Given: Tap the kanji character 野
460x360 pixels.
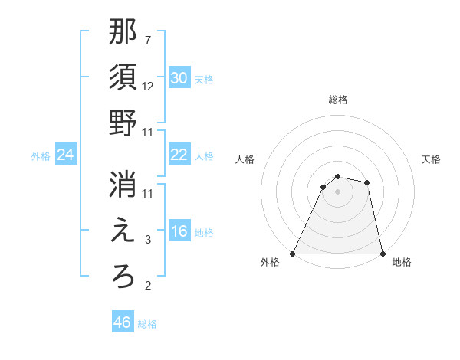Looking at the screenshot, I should coord(123,123).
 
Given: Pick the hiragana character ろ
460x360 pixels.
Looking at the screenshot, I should coord(123,277).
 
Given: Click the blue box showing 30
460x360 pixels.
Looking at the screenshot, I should coord(179,78).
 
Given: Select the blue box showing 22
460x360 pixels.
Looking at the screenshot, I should coord(179,155).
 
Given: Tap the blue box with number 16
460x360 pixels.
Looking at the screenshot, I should coord(179,231).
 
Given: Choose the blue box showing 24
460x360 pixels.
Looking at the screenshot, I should coord(65,155).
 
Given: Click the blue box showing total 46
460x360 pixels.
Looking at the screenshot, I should coord(123,322).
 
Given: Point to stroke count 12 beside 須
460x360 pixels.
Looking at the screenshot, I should coord(149,87).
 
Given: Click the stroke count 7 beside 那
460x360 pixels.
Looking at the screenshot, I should coord(148,39).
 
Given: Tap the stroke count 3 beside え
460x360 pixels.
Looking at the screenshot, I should coord(148,240).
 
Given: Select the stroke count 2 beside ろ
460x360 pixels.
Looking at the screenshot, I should coord(148,286).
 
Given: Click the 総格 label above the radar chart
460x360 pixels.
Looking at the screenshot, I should coord(338,100).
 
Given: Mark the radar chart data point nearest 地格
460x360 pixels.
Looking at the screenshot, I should coord(382,254).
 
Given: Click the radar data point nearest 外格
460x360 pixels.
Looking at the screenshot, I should coord(293,254).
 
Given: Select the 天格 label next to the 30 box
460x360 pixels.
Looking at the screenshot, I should coord(204,79).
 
